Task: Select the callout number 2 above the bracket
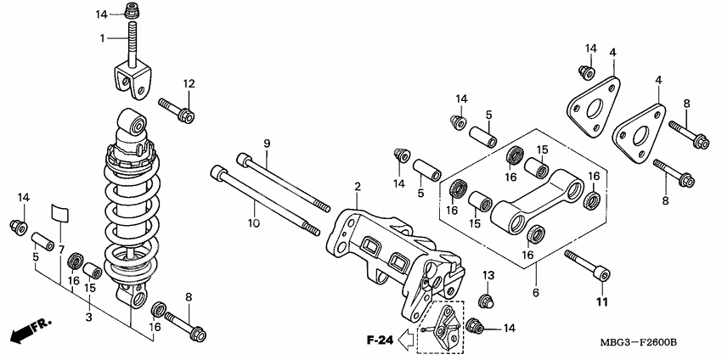[x=358, y=186]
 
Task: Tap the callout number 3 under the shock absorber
[x=88, y=316]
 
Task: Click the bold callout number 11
[x=602, y=302]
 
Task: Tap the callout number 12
[x=188, y=83]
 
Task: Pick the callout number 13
[x=488, y=275]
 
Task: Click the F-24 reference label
[x=379, y=340]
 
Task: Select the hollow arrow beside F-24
[x=409, y=340]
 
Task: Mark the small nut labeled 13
[x=487, y=300]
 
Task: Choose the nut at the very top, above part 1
[x=131, y=13]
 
